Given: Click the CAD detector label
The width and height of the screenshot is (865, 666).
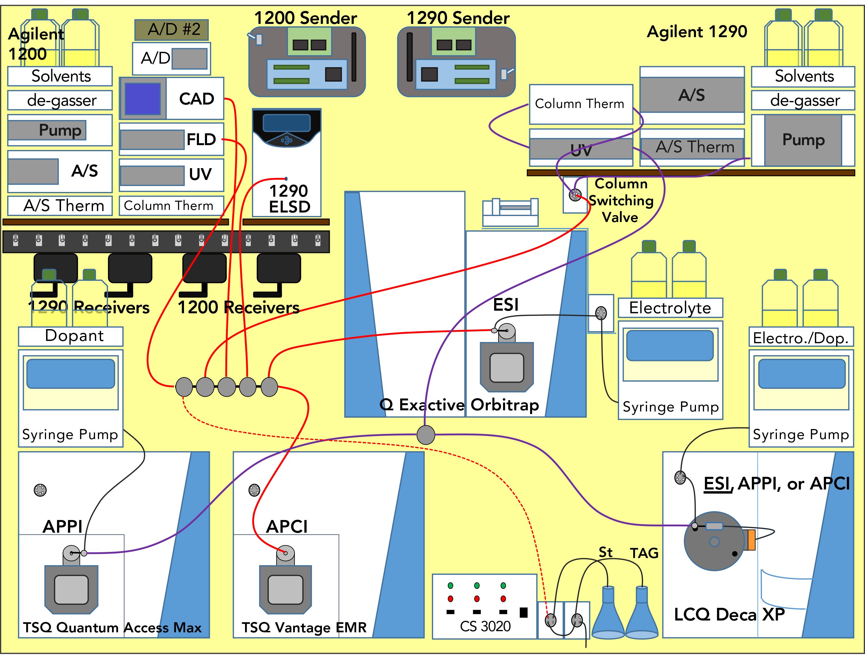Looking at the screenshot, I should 196,98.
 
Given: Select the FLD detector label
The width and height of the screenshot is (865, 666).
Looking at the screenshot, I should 201,139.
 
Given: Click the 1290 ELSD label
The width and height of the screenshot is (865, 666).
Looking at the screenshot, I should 289,199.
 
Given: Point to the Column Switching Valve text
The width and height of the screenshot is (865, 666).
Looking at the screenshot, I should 621,200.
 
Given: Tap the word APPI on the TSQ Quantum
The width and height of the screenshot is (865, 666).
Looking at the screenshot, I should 62,526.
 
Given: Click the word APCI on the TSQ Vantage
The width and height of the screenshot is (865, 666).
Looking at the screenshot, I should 287,526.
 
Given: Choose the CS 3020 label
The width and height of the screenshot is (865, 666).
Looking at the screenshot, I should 485,626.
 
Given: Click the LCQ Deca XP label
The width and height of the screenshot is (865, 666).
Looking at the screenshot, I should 729,614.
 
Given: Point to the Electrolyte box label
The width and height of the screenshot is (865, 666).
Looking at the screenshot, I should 670,308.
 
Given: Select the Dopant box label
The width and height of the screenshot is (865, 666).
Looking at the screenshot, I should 74,335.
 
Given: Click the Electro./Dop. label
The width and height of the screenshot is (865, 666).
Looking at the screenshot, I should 800,338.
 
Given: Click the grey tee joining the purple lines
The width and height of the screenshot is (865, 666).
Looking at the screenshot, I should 426,434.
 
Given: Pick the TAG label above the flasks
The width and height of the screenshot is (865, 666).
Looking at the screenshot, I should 644,553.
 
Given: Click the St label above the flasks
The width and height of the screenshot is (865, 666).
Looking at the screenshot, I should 605,552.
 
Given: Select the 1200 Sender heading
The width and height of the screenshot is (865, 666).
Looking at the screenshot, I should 305,18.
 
